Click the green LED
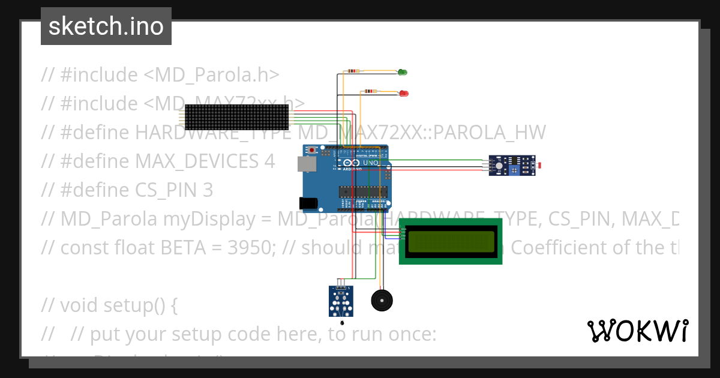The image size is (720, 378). pos(402,73)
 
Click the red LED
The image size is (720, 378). pos(404,94)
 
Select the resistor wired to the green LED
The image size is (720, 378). pos(352,71)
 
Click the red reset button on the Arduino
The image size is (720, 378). pos(311,149)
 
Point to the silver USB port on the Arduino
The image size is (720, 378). pos(305,164)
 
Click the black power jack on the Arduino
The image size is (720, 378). pos(308,203)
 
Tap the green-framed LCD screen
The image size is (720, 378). pos(450,241)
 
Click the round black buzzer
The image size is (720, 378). pos(381,300)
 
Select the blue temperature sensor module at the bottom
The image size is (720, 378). pos(341,301)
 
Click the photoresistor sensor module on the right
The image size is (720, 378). pos(512,166)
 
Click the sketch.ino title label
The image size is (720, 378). pos(106,26)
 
